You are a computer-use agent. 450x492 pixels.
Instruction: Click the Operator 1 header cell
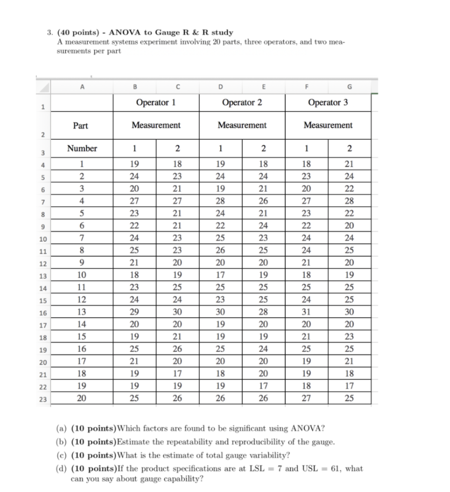[156, 102]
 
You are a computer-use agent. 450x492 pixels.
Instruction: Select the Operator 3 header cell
[328, 102]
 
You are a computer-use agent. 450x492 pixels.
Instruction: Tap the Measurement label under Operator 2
[242, 125]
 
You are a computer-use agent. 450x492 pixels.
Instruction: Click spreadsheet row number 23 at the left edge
[43, 399]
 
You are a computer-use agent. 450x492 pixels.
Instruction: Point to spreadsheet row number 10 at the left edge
[43, 239]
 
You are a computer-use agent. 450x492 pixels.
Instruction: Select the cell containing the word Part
[80, 125]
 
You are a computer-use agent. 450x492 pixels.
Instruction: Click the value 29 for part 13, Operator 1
[134, 312]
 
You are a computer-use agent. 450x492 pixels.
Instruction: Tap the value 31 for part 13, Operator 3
[306, 312]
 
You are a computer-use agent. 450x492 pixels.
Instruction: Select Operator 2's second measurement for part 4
[263, 200]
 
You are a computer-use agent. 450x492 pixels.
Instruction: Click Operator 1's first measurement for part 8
[134, 250]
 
